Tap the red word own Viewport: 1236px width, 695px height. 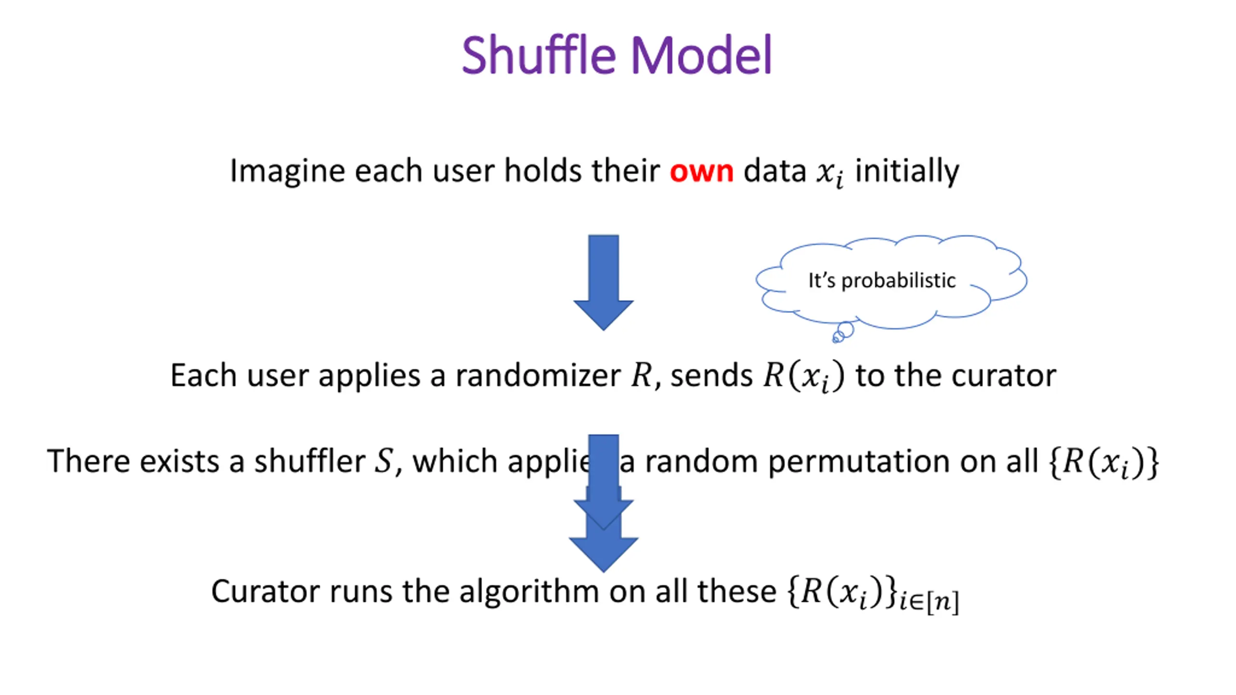[x=701, y=172]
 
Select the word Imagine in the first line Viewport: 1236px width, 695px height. [x=287, y=172]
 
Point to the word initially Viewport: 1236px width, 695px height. [x=907, y=171]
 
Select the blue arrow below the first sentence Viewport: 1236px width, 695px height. [x=603, y=282]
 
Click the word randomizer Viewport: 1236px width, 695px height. [x=538, y=376]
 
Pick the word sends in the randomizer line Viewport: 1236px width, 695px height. [x=711, y=376]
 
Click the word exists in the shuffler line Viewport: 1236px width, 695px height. [x=179, y=461]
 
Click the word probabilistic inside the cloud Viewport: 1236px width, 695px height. [x=898, y=280]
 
